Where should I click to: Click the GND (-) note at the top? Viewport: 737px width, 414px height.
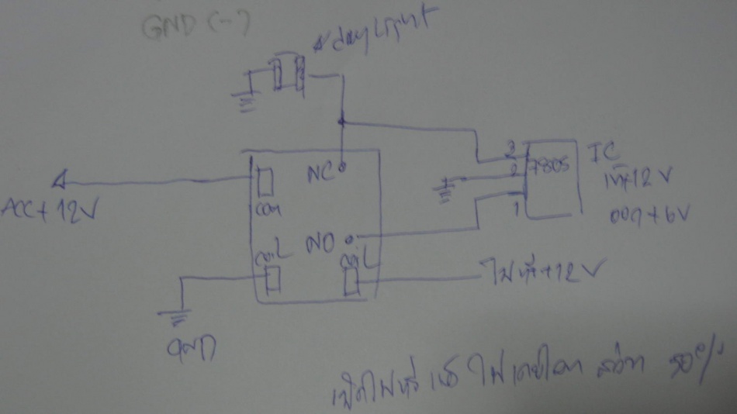pyautogui.click(x=194, y=29)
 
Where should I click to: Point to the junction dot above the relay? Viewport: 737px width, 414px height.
pyautogui.click(x=341, y=122)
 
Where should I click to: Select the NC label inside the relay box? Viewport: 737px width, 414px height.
pyautogui.click(x=319, y=173)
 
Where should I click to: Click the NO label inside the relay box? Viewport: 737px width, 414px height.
pyautogui.click(x=324, y=245)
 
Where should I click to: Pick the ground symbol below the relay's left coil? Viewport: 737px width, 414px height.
pyautogui.click(x=178, y=316)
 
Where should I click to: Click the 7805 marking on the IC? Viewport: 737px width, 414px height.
pyautogui.click(x=548, y=165)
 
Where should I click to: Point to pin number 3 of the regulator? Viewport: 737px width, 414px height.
pyautogui.click(x=510, y=147)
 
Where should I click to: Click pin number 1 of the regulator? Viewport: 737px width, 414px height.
pyautogui.click(x=514, y=209)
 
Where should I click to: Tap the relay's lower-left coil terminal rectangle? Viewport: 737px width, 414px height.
pyautogui.click(x=272, y=279)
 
